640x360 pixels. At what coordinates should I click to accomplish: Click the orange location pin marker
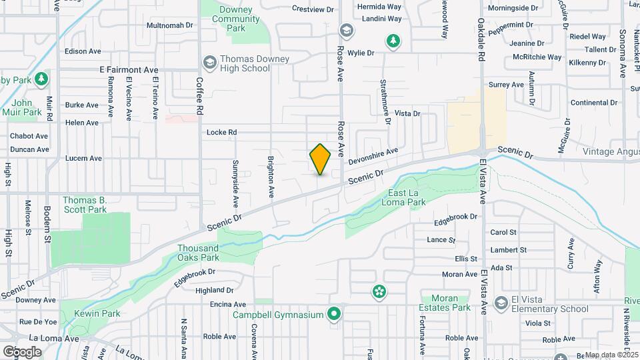click(321, 159)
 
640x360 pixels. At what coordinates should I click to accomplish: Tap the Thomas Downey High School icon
click(210, 63)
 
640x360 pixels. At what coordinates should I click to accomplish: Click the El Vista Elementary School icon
click(501, 304)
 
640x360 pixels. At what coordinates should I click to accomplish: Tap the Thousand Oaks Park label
click(198, 253)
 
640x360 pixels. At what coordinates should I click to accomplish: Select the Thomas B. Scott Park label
click(85, 205)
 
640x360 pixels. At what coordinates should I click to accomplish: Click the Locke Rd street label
click(221, 133)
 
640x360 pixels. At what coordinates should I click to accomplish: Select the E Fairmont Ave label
click(129, 69)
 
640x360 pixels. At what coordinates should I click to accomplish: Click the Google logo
click(22, 351)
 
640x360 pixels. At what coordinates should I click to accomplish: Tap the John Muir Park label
click(27, 107)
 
